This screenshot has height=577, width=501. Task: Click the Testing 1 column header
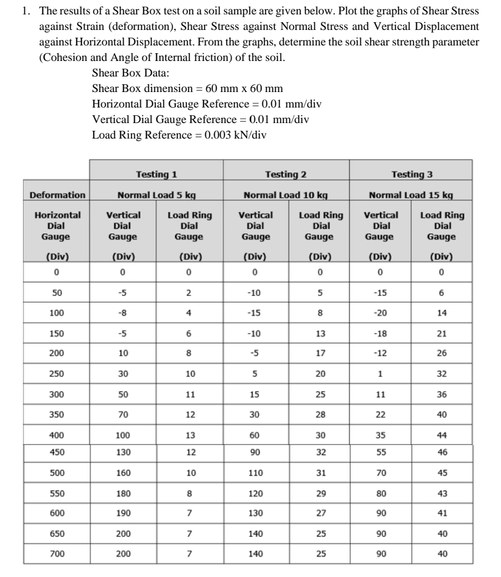[x=156, y=175]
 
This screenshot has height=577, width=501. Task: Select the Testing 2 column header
[x=285, y=175]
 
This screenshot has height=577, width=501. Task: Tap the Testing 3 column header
[x=411, y=175]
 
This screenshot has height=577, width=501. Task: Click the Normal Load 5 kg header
[x=156, y=195]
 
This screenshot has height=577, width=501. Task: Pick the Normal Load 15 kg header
[x=411, y=195]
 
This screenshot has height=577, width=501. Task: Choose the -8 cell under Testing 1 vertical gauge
[x=123, y=313]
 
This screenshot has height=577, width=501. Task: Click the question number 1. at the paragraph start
[x=27, y=11]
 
